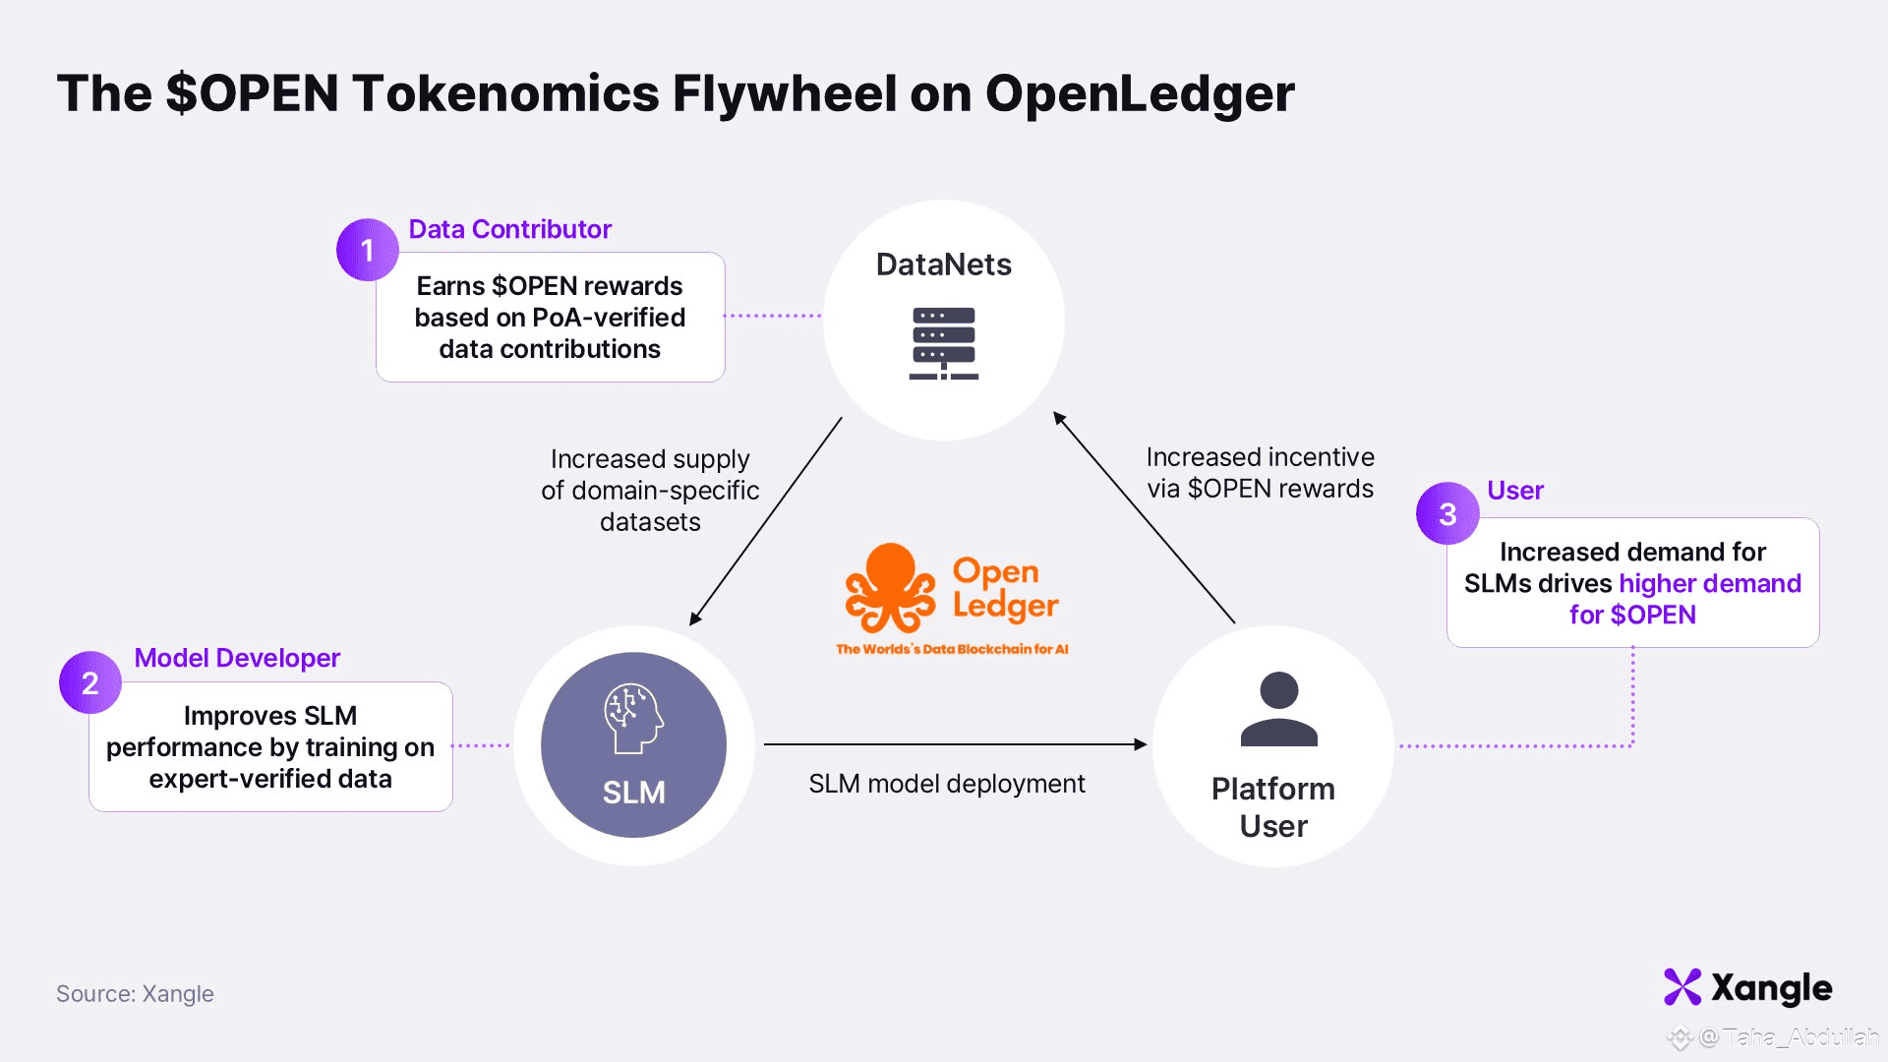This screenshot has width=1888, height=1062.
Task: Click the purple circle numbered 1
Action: click(x=368, y=250)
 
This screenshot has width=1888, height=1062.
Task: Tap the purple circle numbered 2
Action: click(x=90, y=682)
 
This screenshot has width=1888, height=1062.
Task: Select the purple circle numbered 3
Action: click(x=1447, y=513)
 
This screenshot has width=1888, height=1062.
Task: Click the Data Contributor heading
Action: click(x=509, y=229)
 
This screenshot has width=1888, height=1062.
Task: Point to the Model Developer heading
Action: click(x=237, y=658)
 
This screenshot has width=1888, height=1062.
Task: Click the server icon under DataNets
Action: click(x=944, y=343)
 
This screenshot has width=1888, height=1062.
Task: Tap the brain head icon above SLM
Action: click(x=633, y=719)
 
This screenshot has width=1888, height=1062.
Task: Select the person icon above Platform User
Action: click(x=1278, y=709)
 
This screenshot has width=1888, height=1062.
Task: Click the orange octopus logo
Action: click(x=890, y=588)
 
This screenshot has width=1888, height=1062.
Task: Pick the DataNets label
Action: click(x=944, y=265)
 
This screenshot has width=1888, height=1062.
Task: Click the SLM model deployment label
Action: click(x=946, y=784)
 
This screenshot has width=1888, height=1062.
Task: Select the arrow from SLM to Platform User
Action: click(x=954, y=744)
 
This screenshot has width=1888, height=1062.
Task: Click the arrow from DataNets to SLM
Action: click(x=766, y=521)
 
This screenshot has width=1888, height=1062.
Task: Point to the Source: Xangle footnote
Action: click(x=135, y=994)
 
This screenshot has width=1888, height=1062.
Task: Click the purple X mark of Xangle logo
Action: click(x=1682, y=987)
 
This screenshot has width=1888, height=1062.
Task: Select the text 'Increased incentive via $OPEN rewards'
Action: click(x=1260, y=473)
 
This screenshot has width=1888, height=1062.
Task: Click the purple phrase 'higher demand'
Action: click(x=1710, y=583)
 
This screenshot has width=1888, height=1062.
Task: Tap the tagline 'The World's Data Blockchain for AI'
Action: click(x=952, y=649)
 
